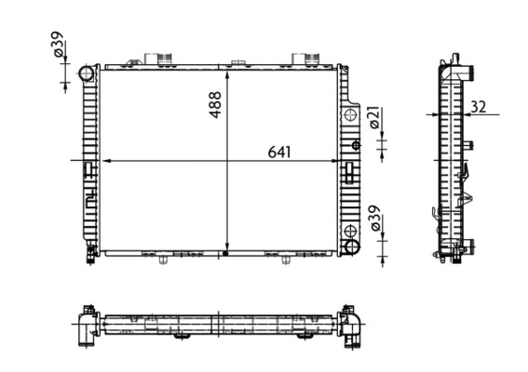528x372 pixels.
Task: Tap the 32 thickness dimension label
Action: tap(477, 107)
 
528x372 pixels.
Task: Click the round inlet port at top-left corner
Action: tap(87, 73)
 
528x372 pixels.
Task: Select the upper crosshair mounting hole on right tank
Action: tap(350, 115)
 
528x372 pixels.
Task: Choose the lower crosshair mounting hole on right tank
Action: tap(350, 230)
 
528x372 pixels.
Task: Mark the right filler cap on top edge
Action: tap(305, 60)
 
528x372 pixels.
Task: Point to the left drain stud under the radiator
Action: tap(163, 259)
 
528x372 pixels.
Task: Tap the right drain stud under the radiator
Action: tap(284, 259)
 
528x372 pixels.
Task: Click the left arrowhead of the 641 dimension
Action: tap(103, 161)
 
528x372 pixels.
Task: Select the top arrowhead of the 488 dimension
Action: tap(227, 72)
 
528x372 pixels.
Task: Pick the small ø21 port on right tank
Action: tap(356, 145)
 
